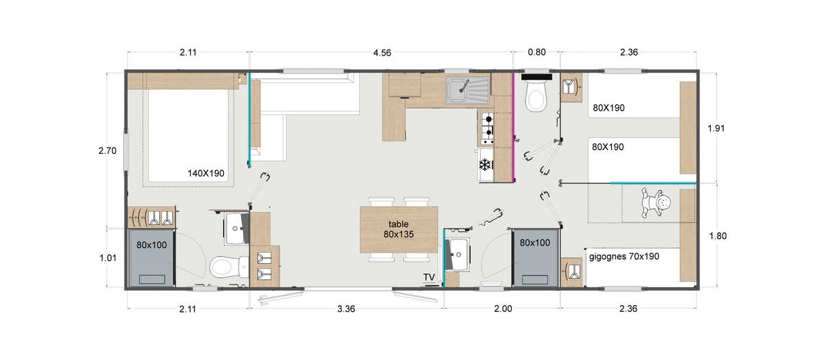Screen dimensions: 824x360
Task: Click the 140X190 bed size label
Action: (x=206, y=173)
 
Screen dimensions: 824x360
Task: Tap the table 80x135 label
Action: (x=399, y=229)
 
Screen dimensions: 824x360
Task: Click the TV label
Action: (x=429, y=277)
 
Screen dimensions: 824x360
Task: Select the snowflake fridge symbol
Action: (x=485, y=164)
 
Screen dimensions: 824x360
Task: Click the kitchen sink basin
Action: (x=457, y=89)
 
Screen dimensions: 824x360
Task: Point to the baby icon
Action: (x=656, y=203)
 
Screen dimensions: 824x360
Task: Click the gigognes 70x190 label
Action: (x=624, y=256)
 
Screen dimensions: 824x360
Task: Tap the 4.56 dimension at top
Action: (x=382, y=53)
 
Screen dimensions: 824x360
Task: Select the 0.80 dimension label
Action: (x=537, y=52)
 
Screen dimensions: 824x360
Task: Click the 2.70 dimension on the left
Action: (x=107, y=150)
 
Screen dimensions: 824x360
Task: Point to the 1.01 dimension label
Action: (x=108, y=258)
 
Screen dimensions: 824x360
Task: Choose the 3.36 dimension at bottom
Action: (x=346, y=309)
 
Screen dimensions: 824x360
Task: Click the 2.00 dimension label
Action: (x=503, y=309)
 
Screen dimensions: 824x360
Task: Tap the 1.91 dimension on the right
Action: (x=716, y=128)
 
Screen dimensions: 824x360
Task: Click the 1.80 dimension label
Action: (x=718, y=236)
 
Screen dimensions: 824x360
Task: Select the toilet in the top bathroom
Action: (x=536, y=94)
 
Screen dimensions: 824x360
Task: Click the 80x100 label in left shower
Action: (x=152, y=245)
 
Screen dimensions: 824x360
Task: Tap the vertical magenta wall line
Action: (x=513, y=127)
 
